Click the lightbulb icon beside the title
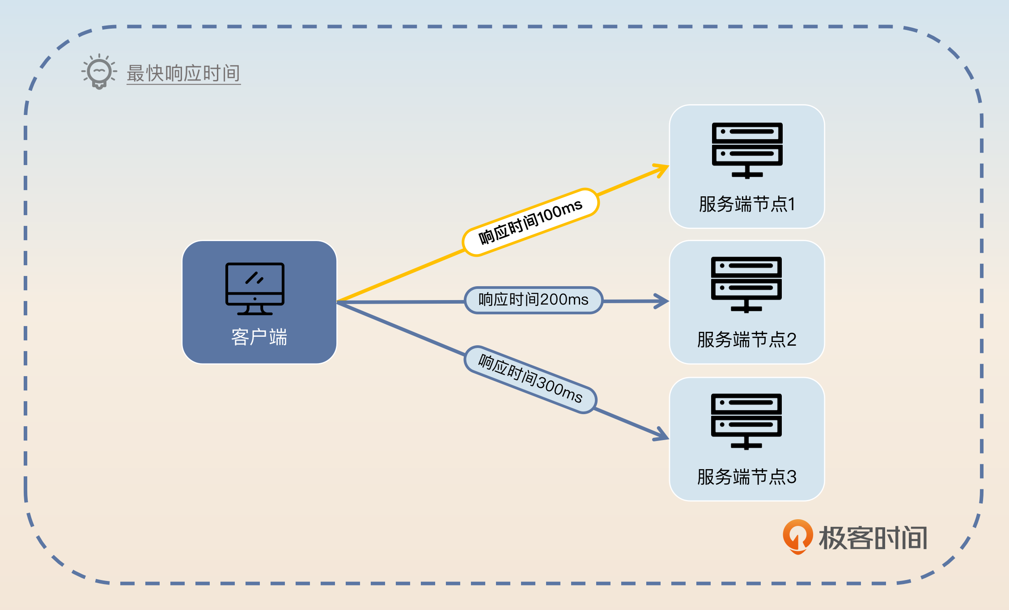coord(99,72)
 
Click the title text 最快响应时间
coord(183,73)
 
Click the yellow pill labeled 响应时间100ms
coord(530,222)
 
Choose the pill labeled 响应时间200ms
coord(534,300)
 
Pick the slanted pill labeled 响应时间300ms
coord(530,379)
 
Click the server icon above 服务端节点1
coord(747,150)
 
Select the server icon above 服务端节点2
coord(746,284)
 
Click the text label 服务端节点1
coord(747,204)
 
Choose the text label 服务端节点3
coord(746,477)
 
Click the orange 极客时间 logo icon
coord(797,536)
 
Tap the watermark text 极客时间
coord(873,538)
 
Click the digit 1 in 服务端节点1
coord(791,204)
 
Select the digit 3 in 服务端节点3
coord(791,477)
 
